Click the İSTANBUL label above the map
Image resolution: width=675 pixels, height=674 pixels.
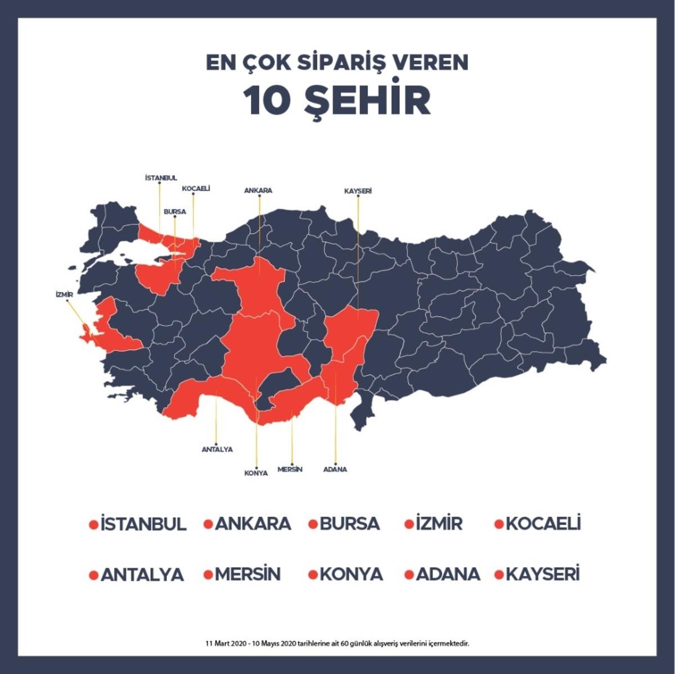(x=161, y=178)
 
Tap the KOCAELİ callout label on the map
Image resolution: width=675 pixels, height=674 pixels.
(x=196, y=189)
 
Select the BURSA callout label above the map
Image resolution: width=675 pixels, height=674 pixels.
(x=174, y=212)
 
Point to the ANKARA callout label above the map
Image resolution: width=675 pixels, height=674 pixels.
(x=258, y=191)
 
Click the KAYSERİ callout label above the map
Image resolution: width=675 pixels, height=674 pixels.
(x=358, y=191)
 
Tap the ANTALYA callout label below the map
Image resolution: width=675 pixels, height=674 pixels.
(x=217, y=450)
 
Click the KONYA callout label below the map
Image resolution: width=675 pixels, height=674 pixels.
(x=256, y=473)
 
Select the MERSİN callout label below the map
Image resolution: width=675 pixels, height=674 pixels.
(x=290, y=469)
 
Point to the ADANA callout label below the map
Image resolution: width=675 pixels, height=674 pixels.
(x=335, y=469)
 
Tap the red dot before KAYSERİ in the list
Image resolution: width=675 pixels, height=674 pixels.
(x=499, y=575)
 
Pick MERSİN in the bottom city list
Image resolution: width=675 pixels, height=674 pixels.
(x=247, y=575)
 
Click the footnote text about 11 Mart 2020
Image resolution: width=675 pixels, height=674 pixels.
(x=337, y=643)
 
